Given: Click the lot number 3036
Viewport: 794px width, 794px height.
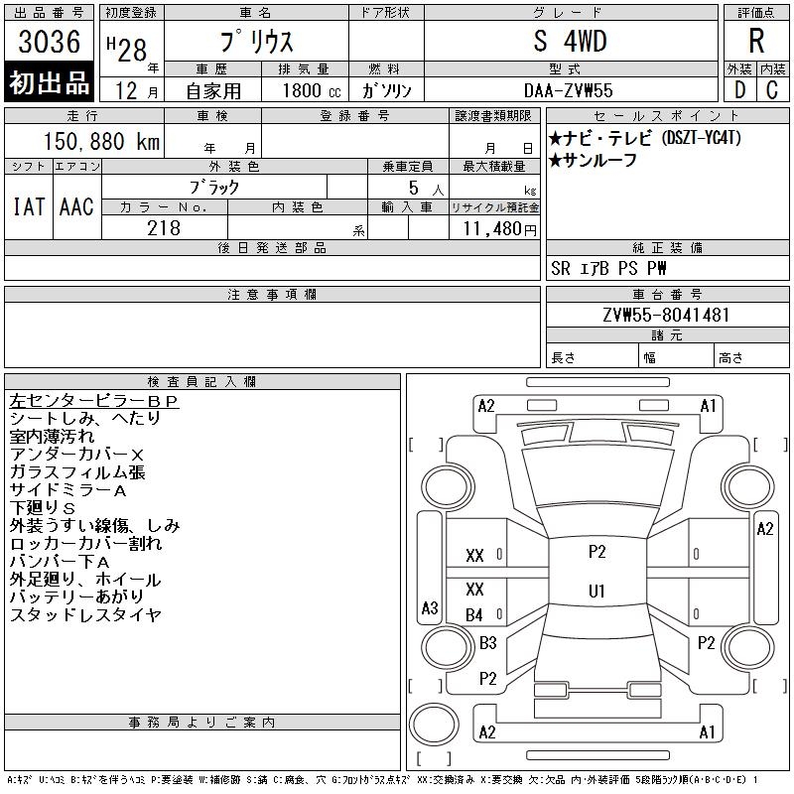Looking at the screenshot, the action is tap(49, 42).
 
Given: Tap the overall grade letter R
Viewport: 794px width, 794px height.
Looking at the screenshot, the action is tap(756, 42).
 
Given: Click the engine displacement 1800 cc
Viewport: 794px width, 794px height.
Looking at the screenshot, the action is tap(305, 90).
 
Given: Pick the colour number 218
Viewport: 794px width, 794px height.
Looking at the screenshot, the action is tap(164, 228).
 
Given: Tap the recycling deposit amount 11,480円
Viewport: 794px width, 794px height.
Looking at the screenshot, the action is tap(494, 229).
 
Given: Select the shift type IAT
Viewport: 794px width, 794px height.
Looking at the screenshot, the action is tap(28, 206).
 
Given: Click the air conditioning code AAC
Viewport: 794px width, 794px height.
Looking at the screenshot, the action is tap(76, 206).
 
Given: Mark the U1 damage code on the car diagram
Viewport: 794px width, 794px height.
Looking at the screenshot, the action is tap(596, 591).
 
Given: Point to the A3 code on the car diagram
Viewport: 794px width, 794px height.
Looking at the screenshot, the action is tap(430, 607).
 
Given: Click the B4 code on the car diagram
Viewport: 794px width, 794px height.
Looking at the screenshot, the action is tap(474, 615).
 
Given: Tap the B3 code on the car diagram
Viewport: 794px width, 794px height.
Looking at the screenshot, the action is tap(487, 642).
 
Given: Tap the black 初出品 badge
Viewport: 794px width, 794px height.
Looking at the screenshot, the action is tap(49, 83).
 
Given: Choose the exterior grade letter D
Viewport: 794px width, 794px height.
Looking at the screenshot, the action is tap(738, 90).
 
